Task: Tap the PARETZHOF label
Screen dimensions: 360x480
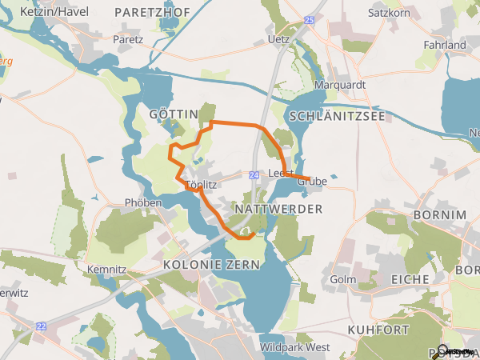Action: [153, 12]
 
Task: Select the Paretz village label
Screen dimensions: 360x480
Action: [127, 38]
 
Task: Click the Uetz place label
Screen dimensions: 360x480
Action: [279, 38]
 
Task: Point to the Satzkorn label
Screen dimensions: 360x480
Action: [389, 13]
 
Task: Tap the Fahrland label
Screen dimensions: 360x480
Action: [445, 45]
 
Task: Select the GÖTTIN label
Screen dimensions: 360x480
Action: [173, 114]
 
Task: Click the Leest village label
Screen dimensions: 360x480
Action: [280, 173]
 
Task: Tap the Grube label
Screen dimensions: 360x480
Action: [313, 182]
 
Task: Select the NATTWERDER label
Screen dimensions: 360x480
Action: [278, 209]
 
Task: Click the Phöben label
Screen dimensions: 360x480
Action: [143, 203]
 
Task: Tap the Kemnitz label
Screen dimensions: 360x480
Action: [106, 269]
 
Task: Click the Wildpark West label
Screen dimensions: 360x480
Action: [294, 347]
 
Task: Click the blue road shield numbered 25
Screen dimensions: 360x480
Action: [310, 18]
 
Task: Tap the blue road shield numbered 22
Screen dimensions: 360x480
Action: [41, 326]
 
